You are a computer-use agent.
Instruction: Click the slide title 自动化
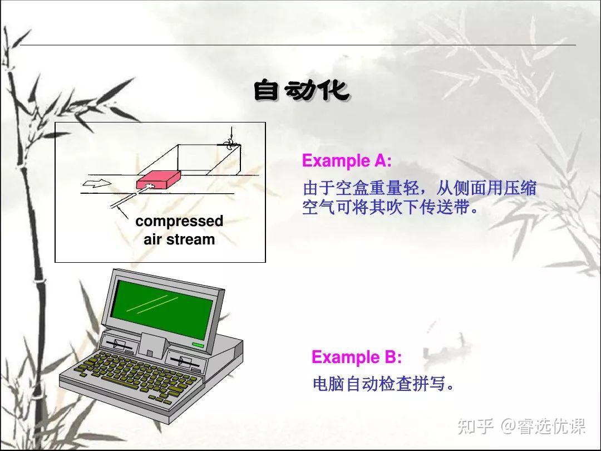(301, 91)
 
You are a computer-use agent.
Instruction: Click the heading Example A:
(347, 161)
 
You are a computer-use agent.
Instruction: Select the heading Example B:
(357, 357)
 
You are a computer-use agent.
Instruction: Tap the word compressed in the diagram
(179, 222)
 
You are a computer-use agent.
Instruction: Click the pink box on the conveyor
(158, 179)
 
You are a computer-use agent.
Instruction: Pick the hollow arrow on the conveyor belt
(96, 183)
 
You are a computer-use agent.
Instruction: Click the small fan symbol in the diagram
(229, 145)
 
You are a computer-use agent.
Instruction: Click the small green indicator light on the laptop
(198, 345)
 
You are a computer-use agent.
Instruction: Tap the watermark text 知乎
(475, 426)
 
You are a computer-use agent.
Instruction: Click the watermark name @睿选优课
(543, 426)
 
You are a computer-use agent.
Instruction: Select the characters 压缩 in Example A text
(520, 188)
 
